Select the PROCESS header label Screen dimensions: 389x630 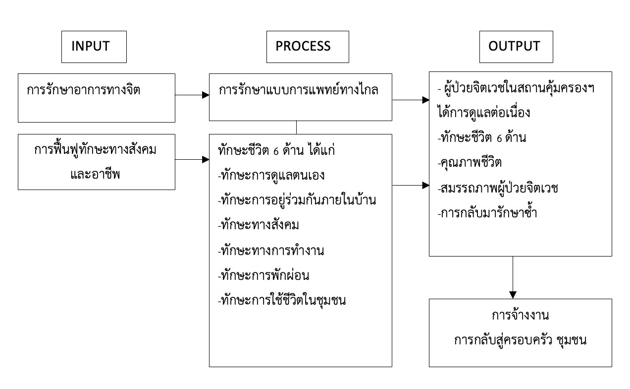pyautogui.click(x=303, y=46)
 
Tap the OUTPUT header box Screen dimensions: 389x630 pyautogui.click(x=514, y=46)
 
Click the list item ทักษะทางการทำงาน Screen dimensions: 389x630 pyautogui.click(x=270, y=251)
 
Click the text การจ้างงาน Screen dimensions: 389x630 pyautogui.click(x=521, y=316)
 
